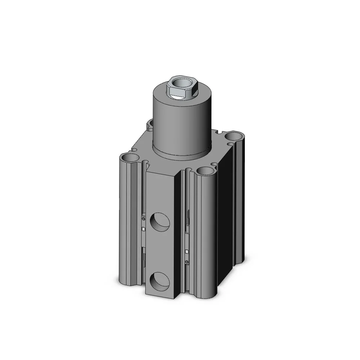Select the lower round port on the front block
click(x=159, y=280)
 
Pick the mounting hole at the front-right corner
click(x=204, y=171)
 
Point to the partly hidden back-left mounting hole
click(x=150, y=125)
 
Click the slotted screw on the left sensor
click(x=144, y=217)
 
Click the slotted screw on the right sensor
click(x=187, y=262)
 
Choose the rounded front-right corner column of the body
click(x=205, y=234)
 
